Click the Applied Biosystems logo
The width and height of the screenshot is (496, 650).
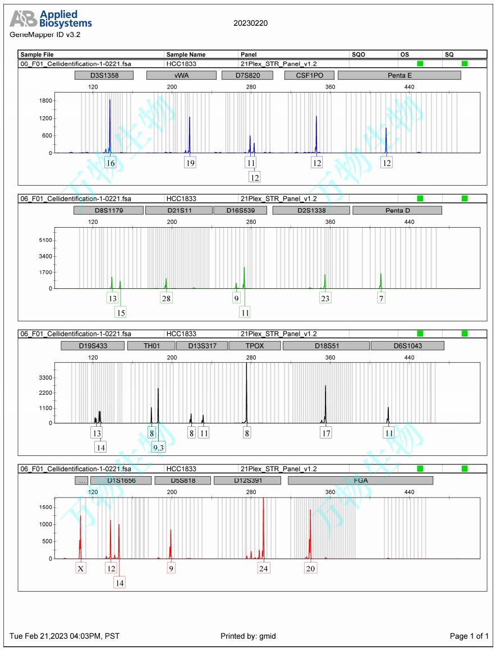click(50, 20)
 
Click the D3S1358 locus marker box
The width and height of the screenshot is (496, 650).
click(104, 75)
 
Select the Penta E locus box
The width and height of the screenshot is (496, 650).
click(399, 75)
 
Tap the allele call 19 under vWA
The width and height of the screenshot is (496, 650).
click(190, 163)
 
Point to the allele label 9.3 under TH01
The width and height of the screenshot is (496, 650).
click(159, 447)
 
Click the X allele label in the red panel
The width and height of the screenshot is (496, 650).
click(81, 568)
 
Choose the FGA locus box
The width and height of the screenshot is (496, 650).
click(360, 481)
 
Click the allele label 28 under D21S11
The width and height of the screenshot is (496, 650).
click(166, 298)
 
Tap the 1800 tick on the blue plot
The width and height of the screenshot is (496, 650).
click(45, 101)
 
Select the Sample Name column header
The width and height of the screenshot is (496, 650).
click(186, 54)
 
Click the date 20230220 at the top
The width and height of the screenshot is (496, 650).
click(250, 23)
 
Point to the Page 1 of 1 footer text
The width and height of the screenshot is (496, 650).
click(469, 636)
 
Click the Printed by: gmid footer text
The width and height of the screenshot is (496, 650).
click(248, 636)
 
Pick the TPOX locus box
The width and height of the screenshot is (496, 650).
click(254, 345)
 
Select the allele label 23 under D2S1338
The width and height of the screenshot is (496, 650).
click(325, 298)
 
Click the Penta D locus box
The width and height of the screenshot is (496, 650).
click(397, 210)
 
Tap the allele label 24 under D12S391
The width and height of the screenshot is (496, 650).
click(264, 568)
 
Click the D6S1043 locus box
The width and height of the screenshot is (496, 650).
click(407, 345)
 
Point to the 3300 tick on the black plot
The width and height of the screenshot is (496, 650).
click(45, 378)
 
